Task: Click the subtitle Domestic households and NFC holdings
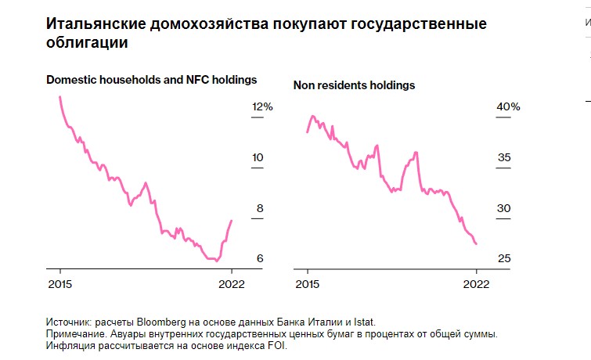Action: pyautogui.click(x=151, y=80)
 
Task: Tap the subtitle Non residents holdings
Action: pyautogui.click(x=354, y=85)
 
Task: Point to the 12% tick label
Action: pyautogui.click(x=261, y=107)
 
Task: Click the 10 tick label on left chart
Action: pyautogui.click(x=257, y=158)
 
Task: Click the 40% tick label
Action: pyautogui.click(x=509, y=107)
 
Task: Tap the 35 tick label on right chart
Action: pyautogui.click(x=504, y=158)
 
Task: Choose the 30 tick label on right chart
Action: pyautogui.click(x=504, y=209)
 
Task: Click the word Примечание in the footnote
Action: pyautogui.click(x=78, y=333)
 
